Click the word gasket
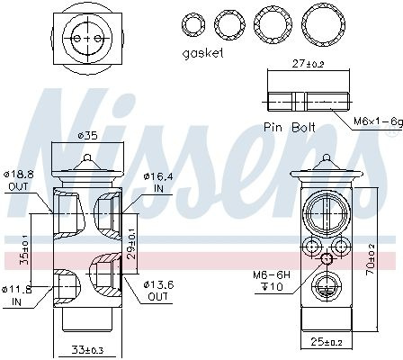pos(203,53)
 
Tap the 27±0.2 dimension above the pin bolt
pos(309,64)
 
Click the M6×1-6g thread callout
pos(378,121)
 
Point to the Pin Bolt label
pos(290,127)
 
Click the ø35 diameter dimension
pos(87,136)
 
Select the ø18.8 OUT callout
pos(19,180)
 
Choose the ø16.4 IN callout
pos(158,183)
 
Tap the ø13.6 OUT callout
pos(158,291)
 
